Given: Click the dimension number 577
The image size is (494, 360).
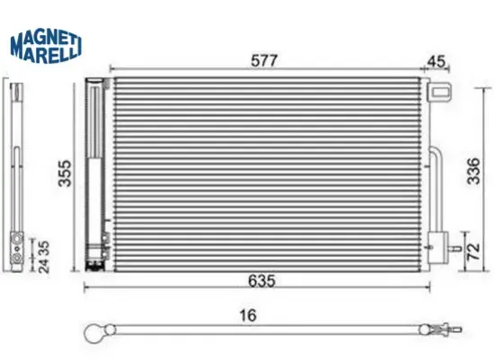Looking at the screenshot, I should click(264, 60).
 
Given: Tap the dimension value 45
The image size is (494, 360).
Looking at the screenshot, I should click(437, 60).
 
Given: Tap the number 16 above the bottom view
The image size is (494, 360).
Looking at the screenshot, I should click(249, 315).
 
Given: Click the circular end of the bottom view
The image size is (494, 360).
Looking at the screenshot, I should click(94, 333).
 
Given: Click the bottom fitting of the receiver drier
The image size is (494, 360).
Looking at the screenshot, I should click(93, 259).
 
